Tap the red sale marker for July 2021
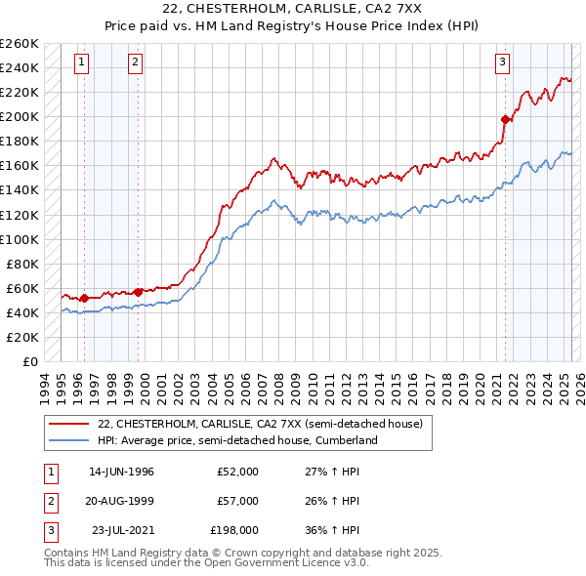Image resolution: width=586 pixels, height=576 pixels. click(x=506, y=119)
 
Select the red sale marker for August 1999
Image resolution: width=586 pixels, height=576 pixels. click(x=139, y=291)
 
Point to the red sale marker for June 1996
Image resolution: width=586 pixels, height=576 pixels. click(x=85, y=298)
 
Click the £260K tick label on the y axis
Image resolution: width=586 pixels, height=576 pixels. click(x=20, y=44)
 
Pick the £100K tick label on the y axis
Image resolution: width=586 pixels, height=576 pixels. click(x=20, y=239)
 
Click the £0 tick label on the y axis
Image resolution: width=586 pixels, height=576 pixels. click(x=29, y=361)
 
